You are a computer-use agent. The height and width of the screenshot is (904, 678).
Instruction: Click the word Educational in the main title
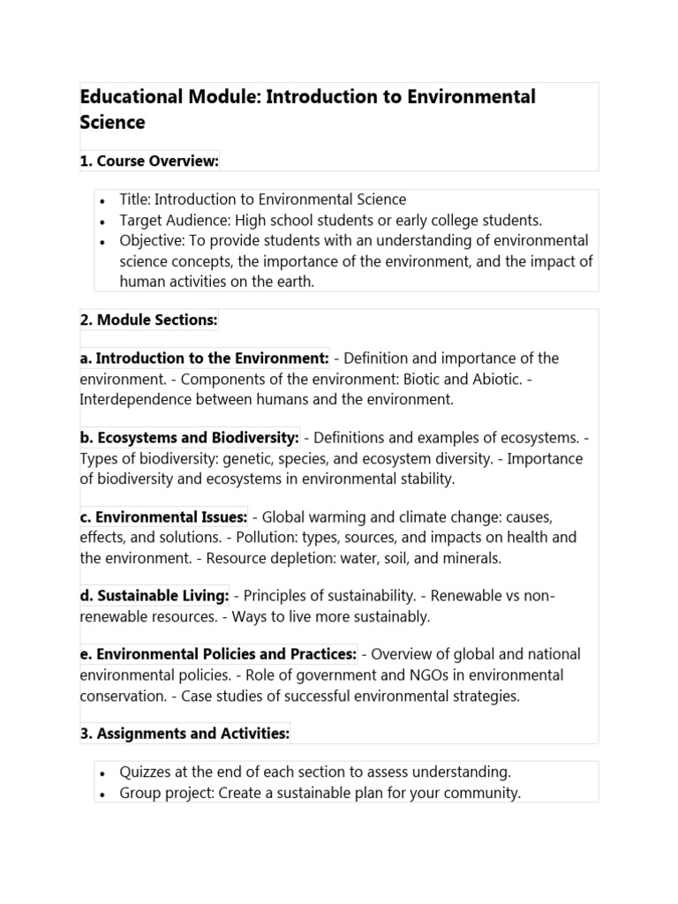coord(131,96)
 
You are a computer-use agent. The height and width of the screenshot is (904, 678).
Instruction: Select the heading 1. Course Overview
coord(149,161)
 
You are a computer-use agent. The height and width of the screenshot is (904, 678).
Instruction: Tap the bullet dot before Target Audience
coord(103,221)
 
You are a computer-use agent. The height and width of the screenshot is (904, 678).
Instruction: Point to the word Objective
coord(151,241)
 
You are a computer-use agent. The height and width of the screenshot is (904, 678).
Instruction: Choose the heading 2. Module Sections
coord(148,320)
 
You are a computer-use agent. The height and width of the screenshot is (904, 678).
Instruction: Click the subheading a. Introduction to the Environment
coord(204,358)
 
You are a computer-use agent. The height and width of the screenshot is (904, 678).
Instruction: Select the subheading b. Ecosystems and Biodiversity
coord(189,438)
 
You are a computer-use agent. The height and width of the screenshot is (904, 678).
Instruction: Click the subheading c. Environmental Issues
coord(163,517)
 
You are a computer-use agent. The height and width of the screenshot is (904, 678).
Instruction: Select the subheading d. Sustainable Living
coord(154,596)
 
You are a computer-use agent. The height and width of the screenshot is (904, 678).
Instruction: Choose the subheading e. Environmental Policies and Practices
coord(218,654)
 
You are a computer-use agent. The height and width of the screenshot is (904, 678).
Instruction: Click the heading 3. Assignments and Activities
coord(185,734)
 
